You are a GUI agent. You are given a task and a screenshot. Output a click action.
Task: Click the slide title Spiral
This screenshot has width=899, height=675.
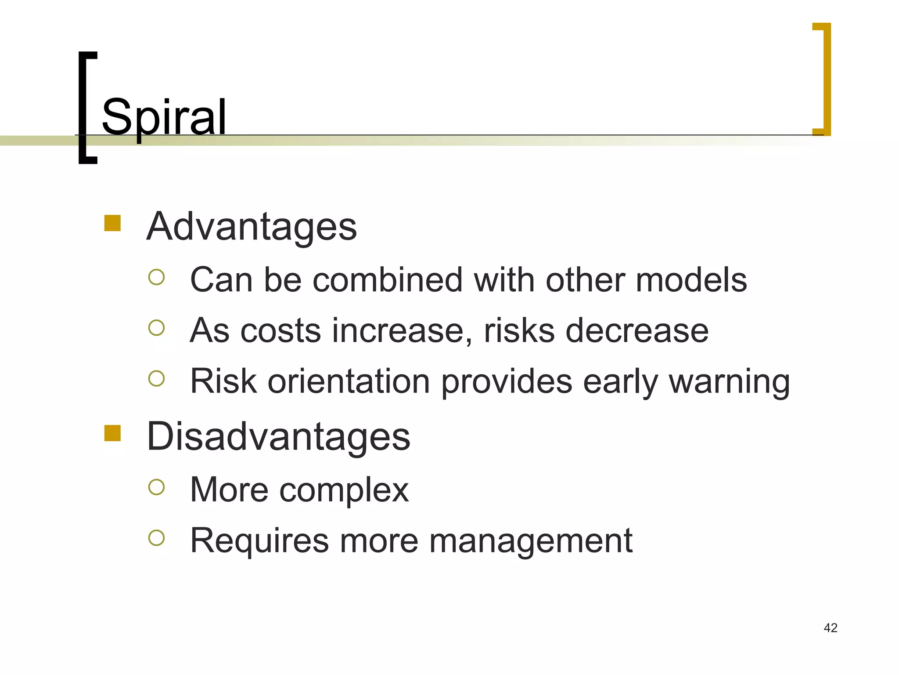point(164,117)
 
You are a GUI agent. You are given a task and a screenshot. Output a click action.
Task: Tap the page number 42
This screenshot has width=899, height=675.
point(831,628)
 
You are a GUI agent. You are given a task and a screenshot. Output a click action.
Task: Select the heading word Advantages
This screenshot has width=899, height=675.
point(252,227)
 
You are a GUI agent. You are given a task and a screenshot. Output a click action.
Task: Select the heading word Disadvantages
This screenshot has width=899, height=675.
point(278,437)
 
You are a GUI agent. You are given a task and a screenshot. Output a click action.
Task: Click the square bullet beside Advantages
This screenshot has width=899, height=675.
point(112,223)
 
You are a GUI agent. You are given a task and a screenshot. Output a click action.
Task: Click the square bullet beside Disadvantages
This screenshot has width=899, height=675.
point(112,433)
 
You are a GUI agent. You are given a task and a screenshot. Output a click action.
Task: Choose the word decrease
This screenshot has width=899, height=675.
point(637,331)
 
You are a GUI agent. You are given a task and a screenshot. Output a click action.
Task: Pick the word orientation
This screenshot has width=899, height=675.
point(349,381)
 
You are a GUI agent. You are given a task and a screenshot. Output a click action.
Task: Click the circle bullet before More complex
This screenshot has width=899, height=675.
point(156,487)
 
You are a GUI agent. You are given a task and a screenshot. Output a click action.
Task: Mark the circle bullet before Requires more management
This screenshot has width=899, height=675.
point(156,538)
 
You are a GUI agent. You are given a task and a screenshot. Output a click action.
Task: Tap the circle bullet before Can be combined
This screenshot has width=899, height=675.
point(156,277)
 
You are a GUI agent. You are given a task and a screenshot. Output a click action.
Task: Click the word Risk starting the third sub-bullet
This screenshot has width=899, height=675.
point(223,381)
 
